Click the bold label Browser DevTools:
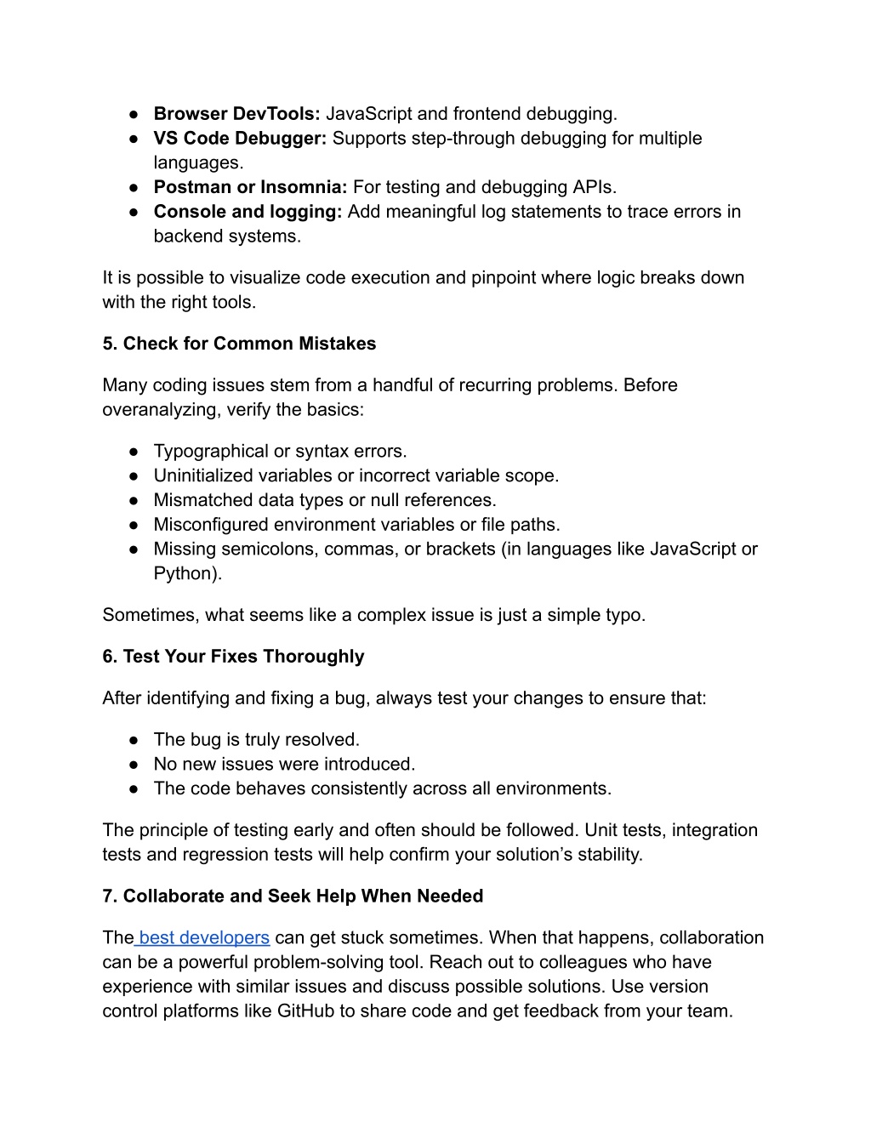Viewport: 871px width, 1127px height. tap(236, 114)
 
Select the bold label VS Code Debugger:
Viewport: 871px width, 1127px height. tap(240, 139)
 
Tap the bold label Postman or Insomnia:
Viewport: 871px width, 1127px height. tap(250, 187)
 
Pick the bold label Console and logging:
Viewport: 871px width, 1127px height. tap(248, 212)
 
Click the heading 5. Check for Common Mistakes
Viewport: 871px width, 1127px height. tap(239, 344)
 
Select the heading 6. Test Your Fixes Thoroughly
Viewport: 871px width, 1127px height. tap(233, 657)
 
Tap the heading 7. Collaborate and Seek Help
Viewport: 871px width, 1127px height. tap(293, 896)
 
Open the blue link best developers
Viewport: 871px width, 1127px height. tap(204, 938)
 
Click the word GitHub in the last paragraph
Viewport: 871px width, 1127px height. tap(305, 1011)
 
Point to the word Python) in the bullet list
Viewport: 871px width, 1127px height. tap(187, 574)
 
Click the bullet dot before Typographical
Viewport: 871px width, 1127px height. tap(134, 452)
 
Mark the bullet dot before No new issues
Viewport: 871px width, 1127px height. tap(134, 765)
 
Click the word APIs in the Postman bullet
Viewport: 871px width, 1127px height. tap(592, 187)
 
